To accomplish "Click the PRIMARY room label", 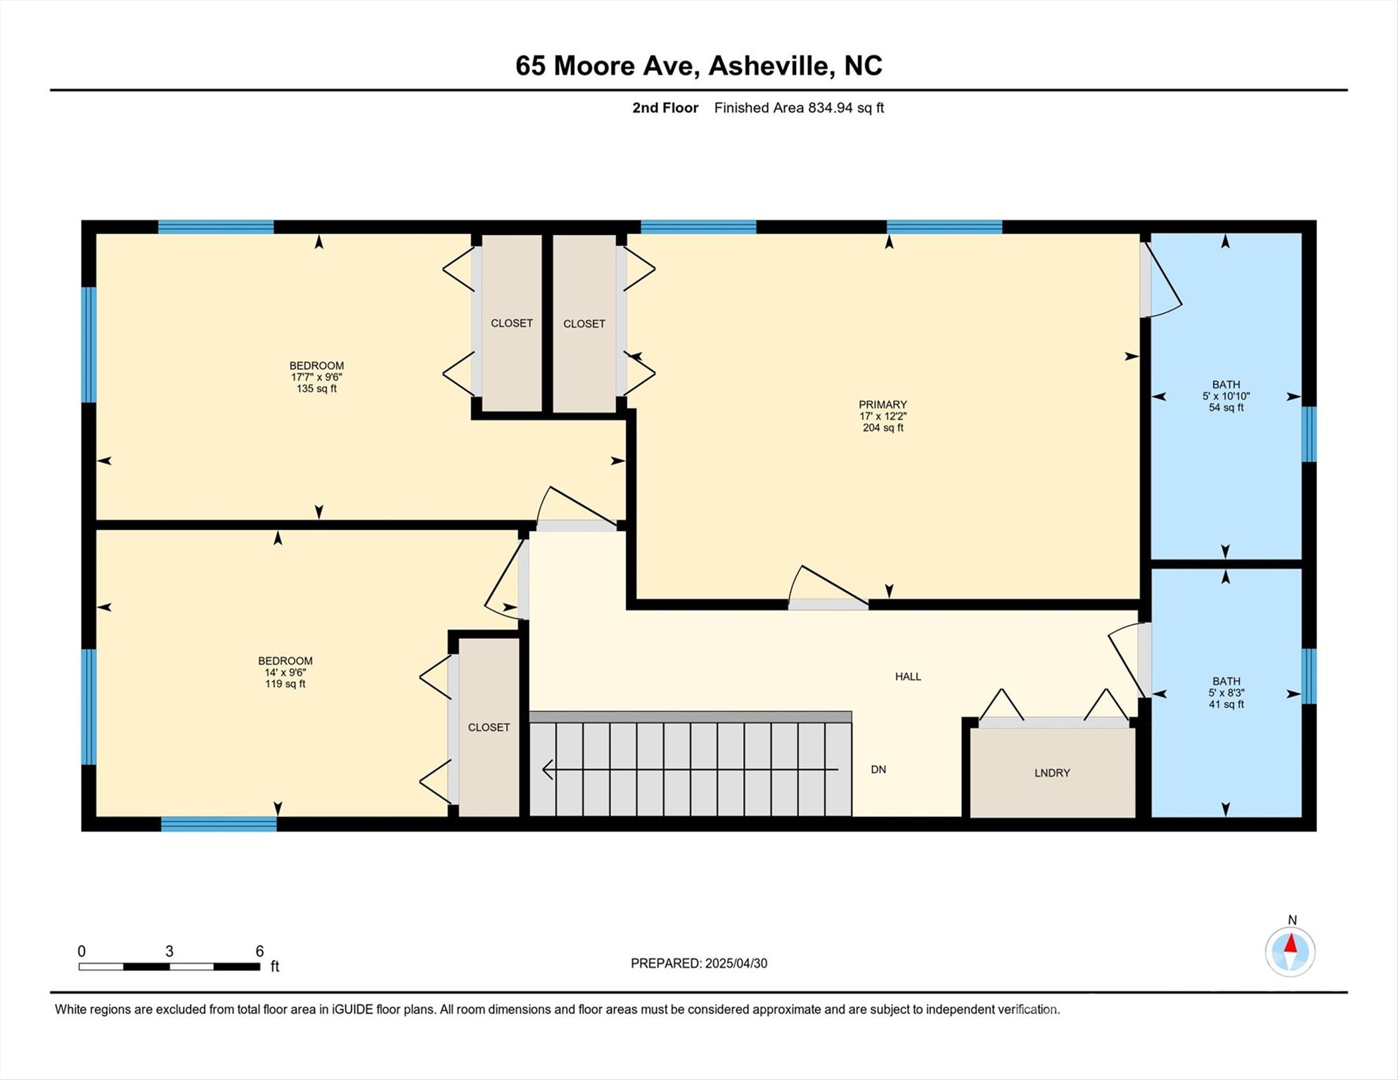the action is coord(883,404).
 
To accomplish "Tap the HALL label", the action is coord(908,676).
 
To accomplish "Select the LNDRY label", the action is coord(1052,773).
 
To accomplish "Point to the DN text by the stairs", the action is coord(878,769).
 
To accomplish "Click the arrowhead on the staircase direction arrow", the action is coord(548,770).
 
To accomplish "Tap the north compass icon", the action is coord(1290,951).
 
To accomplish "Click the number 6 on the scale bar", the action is coord(259,951).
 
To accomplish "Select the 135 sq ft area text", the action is coord(316,388).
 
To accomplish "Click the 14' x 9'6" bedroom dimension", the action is coord(285,672).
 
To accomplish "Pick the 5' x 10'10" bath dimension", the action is coord(1226,396).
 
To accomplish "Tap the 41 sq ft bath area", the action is coord(1226,704).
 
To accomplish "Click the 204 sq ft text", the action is coord(883,427).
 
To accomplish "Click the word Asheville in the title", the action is coord(770,65).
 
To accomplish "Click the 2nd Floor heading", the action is coord(665,108).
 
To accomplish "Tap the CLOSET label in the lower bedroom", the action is coord(489,727).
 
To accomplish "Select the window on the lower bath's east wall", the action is coord(1309,676).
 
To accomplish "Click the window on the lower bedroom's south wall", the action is coord(219,824).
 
